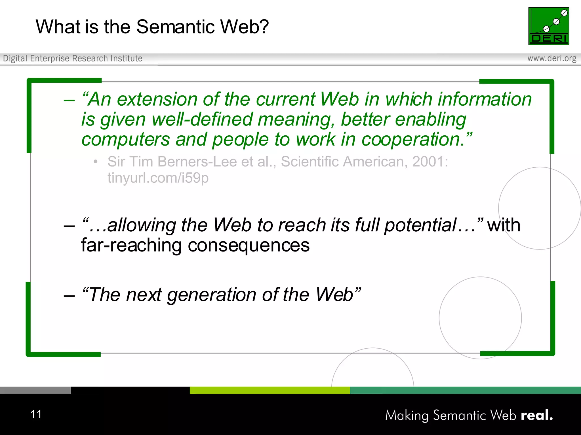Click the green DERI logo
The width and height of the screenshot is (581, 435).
pos(548,26)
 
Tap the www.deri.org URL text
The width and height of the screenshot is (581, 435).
pos(551,58)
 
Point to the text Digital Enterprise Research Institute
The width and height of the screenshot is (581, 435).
pos(73,58)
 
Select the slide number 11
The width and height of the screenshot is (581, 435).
pos(36,414)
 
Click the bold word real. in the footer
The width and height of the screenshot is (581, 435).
pos(537,415)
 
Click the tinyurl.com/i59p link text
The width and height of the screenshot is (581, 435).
pos(158,178)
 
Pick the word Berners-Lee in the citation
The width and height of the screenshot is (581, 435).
pos(197,162)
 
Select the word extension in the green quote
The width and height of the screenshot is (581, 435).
pos(157,99)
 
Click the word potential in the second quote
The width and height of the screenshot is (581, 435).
pos(420,225)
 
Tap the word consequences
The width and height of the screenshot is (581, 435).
pos(249,246)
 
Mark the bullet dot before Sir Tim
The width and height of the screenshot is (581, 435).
pos(96,162)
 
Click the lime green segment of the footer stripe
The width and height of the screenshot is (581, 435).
pos(270,390)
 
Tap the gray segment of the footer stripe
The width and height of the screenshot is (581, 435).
pos(35,390)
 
